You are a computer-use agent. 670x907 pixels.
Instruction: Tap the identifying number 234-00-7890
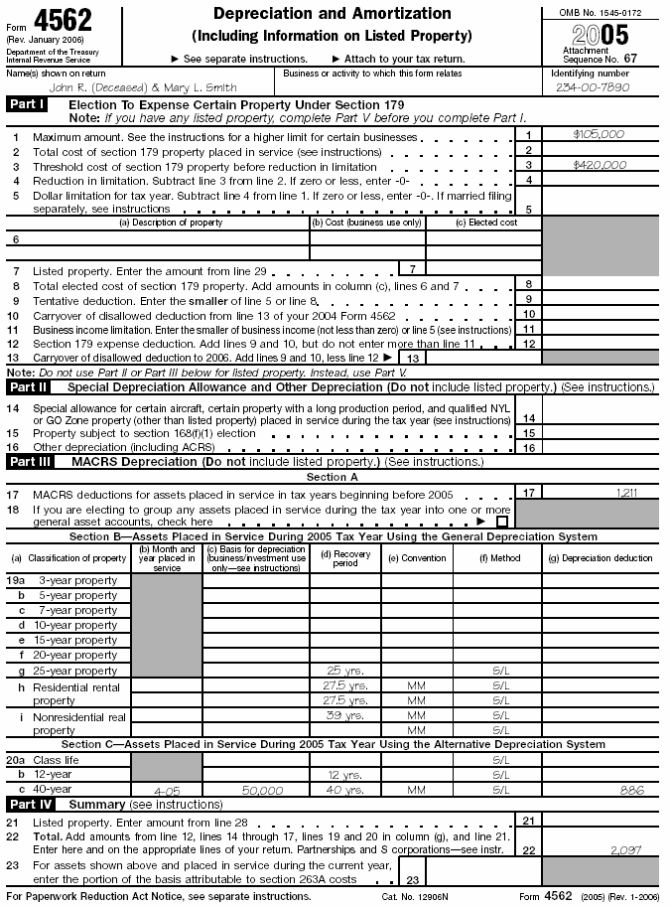[x=594, y=86]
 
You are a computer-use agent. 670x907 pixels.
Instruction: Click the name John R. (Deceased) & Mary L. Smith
[x=143, y=86]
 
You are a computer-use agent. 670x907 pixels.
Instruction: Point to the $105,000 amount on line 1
[x=599, y=134]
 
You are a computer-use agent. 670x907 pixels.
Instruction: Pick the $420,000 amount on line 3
[x=600, y=165]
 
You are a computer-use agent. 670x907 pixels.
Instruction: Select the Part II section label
[x=28, y=386]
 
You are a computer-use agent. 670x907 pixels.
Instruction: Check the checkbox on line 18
[x=502, y=521]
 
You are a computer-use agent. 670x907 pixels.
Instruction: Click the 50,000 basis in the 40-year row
[x=255, y=790]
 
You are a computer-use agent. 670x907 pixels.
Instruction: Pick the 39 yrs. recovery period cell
[x=344, y=715]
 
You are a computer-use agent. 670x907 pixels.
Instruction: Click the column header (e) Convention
[x=416, y=558]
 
